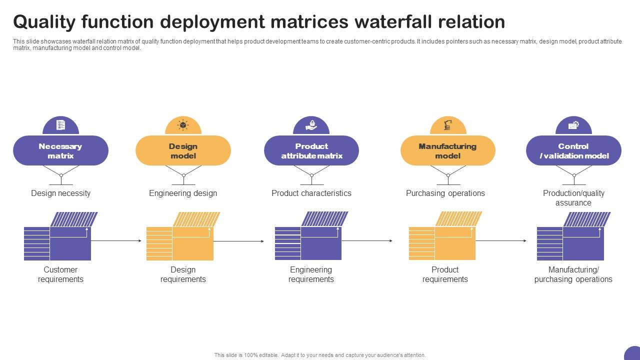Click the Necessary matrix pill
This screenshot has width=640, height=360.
pos(60,150)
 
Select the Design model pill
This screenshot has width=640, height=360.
pos(183,150)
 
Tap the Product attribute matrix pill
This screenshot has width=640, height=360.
pos(311,150)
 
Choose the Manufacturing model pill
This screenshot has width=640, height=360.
pos(447,150)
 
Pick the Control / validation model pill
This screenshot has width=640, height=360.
pos(573,150)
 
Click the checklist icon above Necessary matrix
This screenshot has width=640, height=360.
pos(61,125)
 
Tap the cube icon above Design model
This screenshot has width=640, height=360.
pos(183,125)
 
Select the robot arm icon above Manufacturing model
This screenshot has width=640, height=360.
pos(448,125)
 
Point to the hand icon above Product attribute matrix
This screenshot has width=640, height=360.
pos(311,125)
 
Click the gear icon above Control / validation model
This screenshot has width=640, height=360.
pos(573,125)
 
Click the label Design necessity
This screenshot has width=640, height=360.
pos(60,193)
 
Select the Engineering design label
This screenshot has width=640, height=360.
pos(183,193)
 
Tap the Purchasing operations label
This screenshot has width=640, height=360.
pos(445,193)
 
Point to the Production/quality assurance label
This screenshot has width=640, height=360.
pos(573,197)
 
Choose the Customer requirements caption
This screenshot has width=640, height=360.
pos(60,274)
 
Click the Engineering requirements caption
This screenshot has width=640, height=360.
pos(311,274)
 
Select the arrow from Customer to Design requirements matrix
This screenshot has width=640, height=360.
pos(116,241)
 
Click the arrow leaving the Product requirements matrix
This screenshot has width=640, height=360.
pos(500,241)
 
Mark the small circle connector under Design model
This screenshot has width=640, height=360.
pos(183,175)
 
